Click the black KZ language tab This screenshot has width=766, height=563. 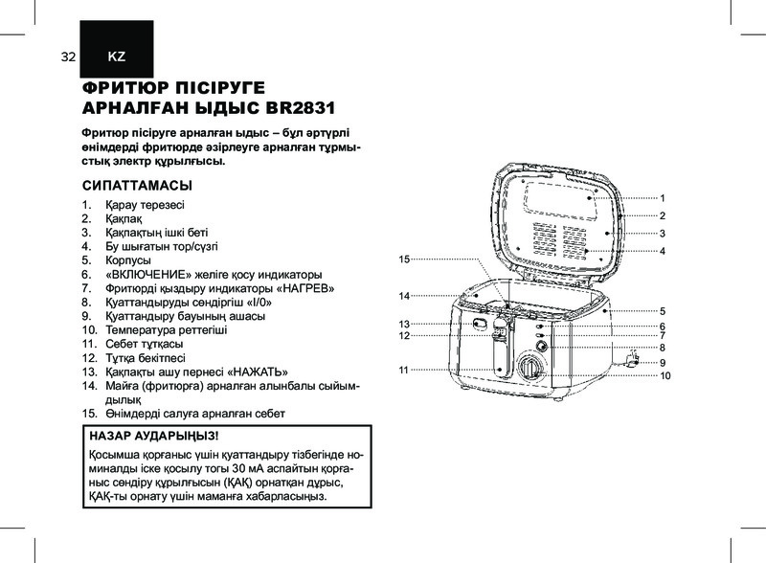click(117, 49)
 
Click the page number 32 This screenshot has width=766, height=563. click(68, 56)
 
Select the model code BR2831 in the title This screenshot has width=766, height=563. click(300, 108)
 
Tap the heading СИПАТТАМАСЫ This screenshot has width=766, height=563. click(137, 186)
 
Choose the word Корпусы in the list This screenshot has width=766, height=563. click(128, 260)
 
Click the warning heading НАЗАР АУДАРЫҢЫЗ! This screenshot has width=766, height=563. click(154, 436)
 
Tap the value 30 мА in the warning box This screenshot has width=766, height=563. click(249, 468)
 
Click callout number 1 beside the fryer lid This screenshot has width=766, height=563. click(663, 198)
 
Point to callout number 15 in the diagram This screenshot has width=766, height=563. click(404, 259)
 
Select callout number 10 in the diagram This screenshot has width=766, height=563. click(665, 376)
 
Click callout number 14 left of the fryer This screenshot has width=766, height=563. click(404, 296)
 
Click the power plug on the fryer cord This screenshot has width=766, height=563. click(633, 359)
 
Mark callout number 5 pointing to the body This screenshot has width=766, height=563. click(663, 311)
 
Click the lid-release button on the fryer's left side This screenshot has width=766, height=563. click(480, 323)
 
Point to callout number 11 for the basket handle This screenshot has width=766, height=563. click(403, 370)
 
